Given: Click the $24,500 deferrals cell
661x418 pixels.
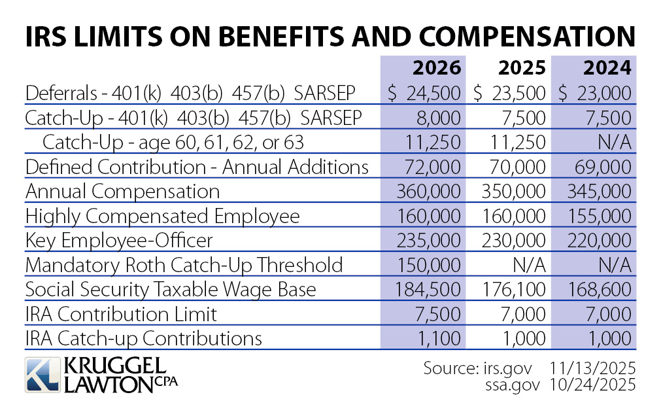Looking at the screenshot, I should (x=424, y=93).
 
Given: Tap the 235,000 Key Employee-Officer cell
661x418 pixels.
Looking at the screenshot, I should (x=428, y=241).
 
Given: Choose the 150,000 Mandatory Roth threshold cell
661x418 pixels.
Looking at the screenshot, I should (x=428, y=265).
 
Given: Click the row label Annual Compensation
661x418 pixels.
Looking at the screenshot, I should (x=122, y=192).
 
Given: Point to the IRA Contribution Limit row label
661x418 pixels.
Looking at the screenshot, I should (x=121, y=314).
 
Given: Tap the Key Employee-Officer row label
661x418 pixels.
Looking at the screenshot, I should (x=119, y=241).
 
